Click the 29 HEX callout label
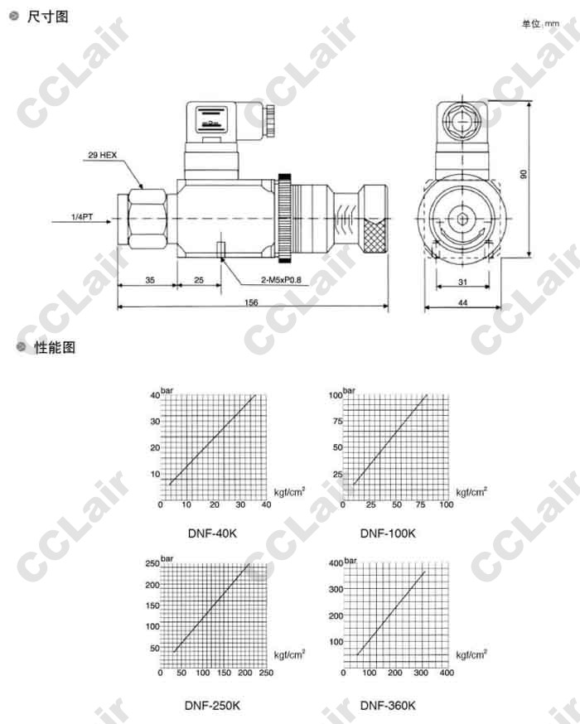pos(102,155)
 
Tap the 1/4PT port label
pos(82,216)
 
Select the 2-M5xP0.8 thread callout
pos(281,280)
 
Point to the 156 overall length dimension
pos(251,302)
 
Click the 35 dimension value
pos(150,280)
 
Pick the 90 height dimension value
pos(523,174)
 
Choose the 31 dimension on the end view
pos(462,282)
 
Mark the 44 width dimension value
pos(462,303)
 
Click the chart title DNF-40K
pos(212,533)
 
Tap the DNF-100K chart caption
pos(388,533)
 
